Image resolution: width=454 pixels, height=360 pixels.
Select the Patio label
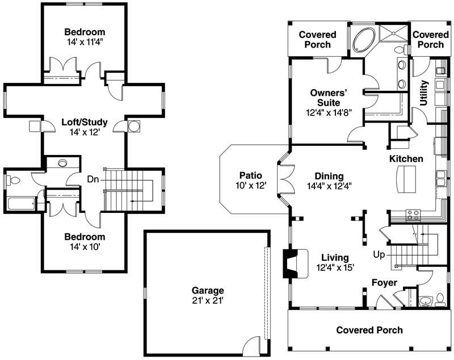pos(250,175)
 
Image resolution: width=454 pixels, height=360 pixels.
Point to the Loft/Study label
pos(84,122)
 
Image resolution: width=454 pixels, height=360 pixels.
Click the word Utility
pos(423,93)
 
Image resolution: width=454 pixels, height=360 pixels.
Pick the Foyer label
pos(384,282)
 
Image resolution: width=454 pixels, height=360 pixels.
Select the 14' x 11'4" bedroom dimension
pos(84,41)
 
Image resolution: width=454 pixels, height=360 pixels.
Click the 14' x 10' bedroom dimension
pos(84,246)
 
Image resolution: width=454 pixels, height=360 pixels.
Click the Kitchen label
pos(406,158)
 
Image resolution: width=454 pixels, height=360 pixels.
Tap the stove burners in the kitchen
pos(413,215)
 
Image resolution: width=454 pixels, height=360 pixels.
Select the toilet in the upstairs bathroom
pos(13,181)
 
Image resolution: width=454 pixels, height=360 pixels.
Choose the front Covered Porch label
pos(369,330)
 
